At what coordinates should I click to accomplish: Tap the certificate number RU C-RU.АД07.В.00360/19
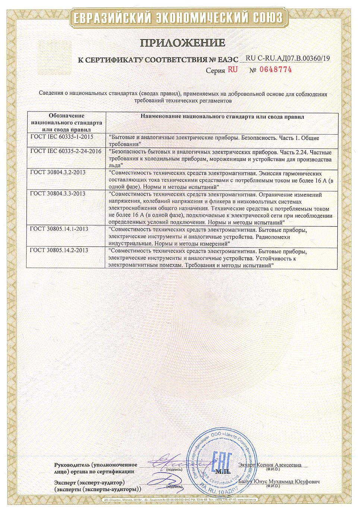click(x=288, y=58)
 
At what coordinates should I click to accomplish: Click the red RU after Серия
click(x=233, y=69)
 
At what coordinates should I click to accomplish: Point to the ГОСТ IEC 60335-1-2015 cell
click(x=62, y=137)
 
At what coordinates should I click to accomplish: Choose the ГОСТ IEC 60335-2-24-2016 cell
click(x=66, y=151)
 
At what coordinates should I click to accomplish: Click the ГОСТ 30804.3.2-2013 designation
click(x=58, y=172)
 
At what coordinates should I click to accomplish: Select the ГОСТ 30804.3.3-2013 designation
click(x=58, y=193)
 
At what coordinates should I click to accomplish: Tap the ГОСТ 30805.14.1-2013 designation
click(x=59, y=229)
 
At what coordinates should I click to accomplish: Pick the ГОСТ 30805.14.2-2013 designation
click(x=59, y=250)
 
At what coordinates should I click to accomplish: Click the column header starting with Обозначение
click(x=66, y=123)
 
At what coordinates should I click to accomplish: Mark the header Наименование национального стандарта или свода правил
click(x=222, y=117)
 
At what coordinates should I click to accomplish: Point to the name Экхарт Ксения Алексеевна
click(x=270, y=465)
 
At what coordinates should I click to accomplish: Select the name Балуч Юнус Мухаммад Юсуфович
click(x=278, y=481)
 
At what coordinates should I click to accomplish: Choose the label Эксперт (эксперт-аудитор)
click(x=89, y=483)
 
